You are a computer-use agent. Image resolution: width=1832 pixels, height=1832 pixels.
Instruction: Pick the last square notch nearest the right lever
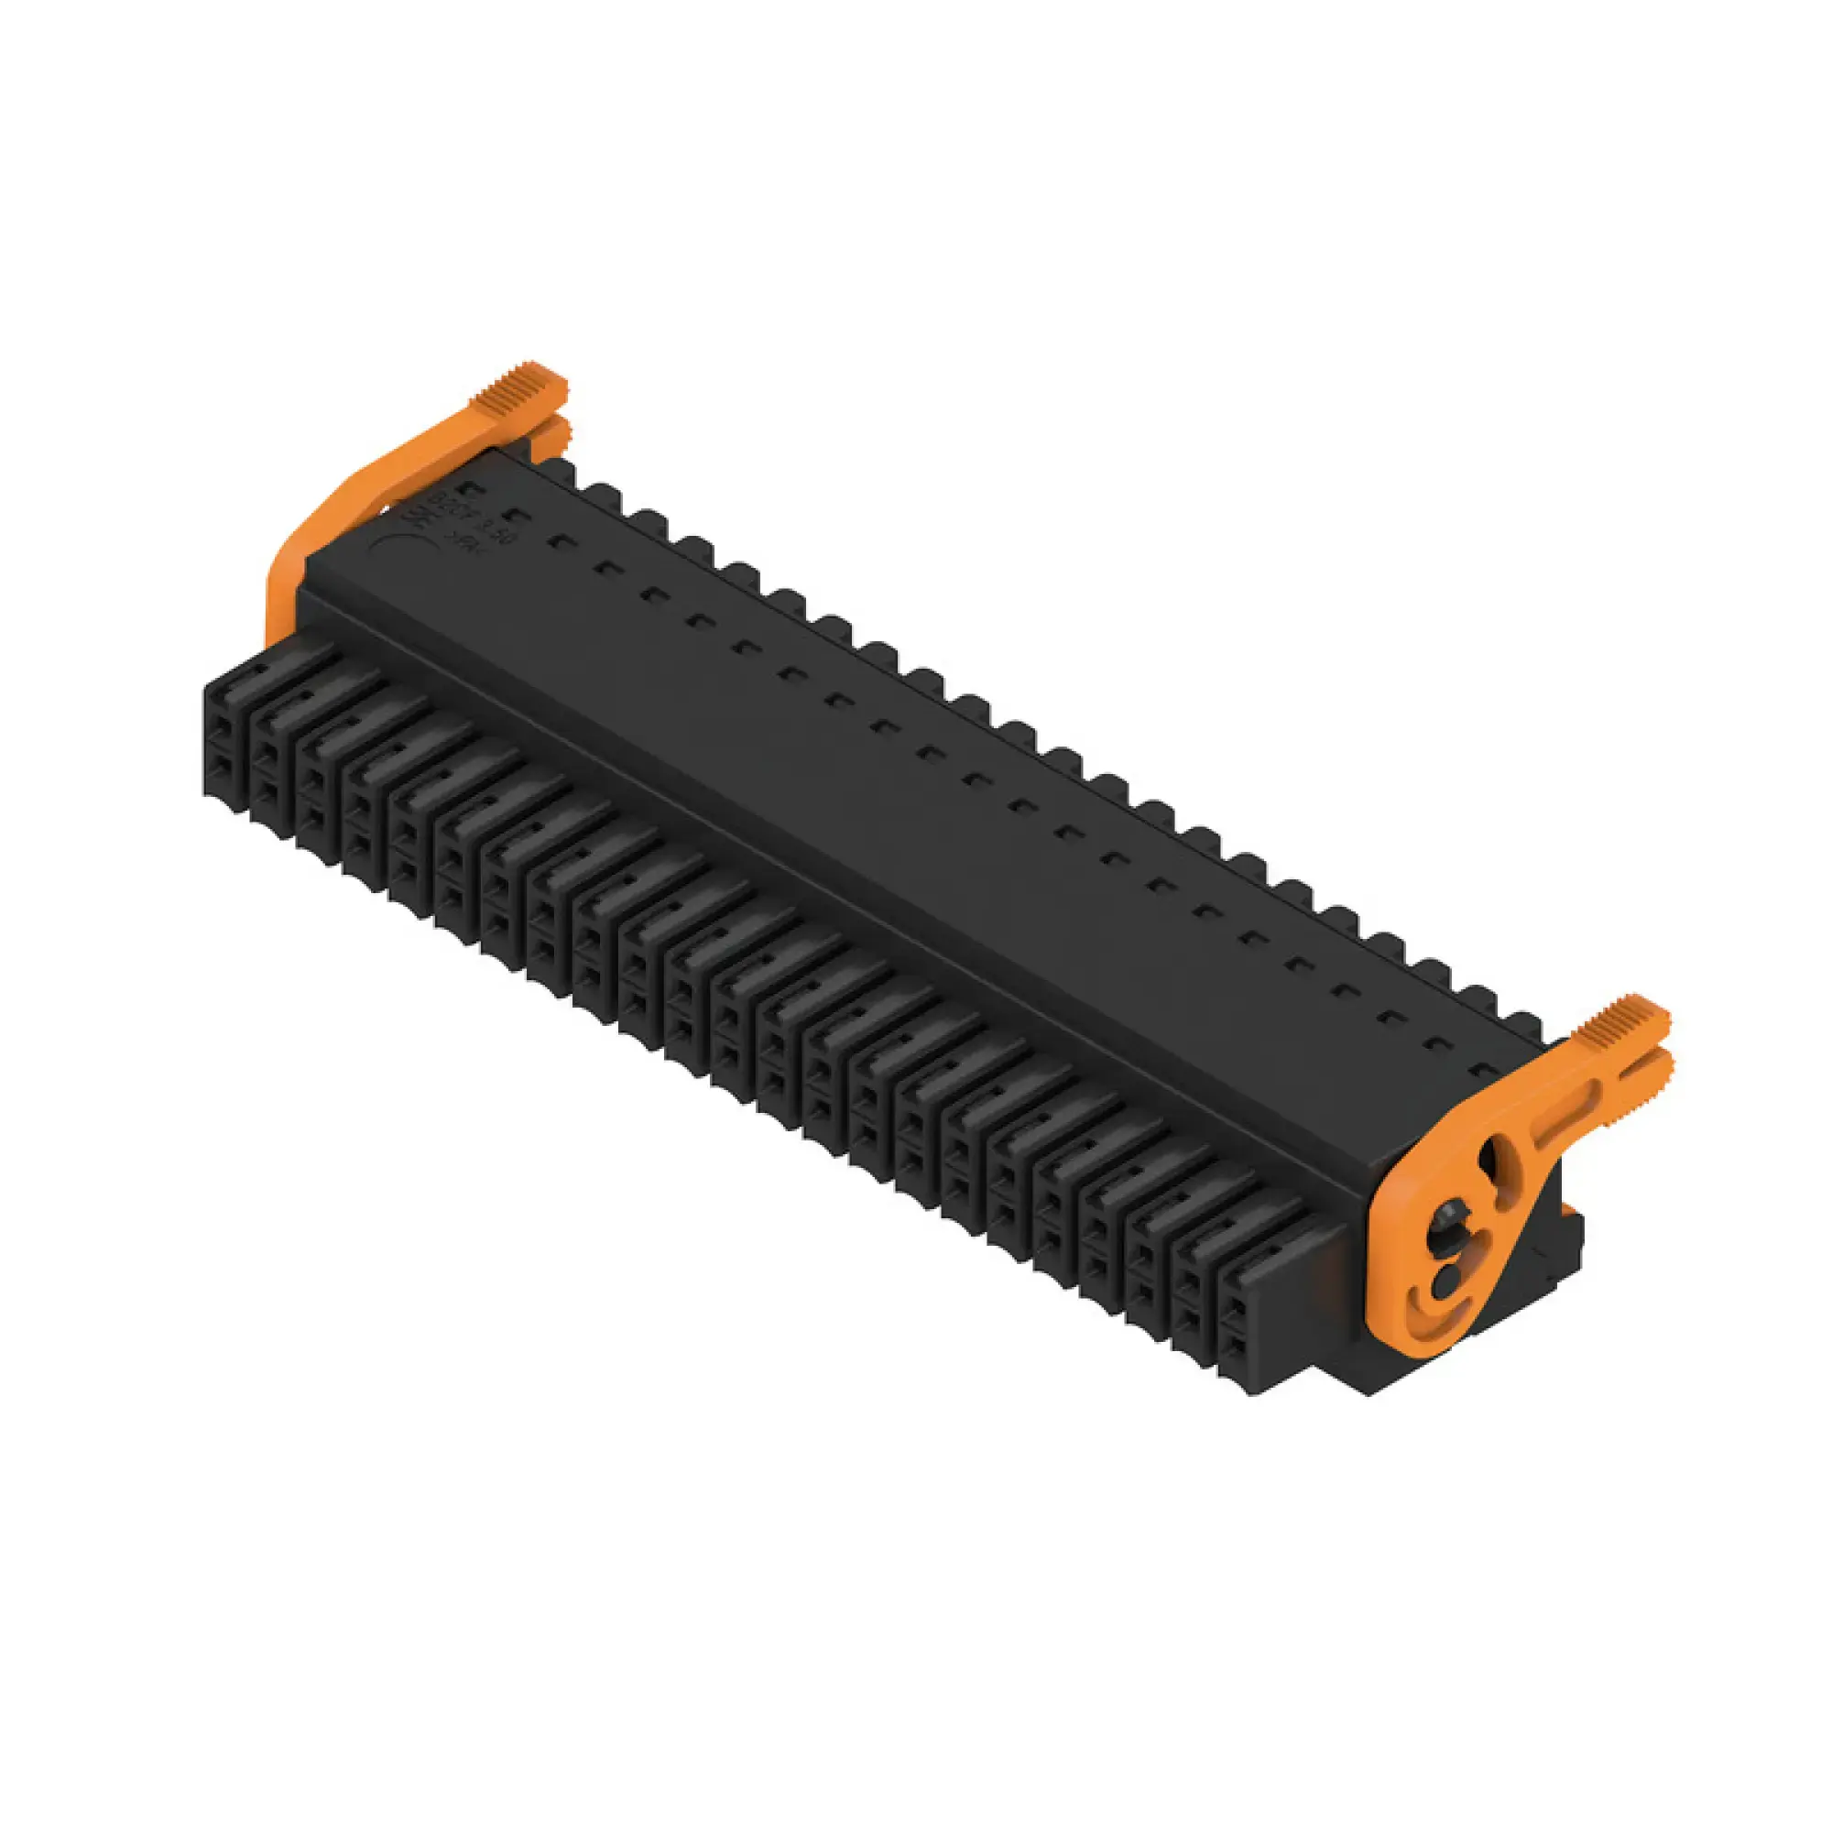coord(1485,1073)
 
